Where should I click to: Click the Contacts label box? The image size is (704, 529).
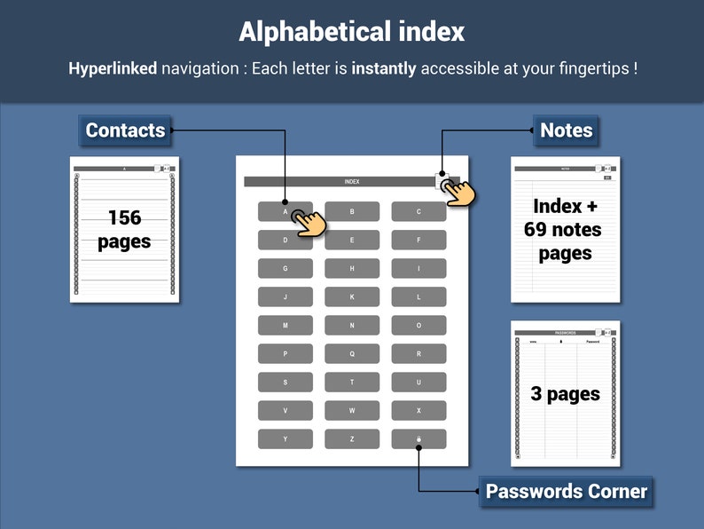[125, 130]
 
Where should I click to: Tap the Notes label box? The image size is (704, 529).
[566, 130]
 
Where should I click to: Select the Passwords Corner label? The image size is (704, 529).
[566, 492]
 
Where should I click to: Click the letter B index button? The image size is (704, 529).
[352, 211]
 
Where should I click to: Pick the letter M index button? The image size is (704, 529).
[285, 326]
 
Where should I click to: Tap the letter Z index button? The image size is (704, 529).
[352, 439]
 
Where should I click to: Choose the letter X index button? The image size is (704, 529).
[418, 411]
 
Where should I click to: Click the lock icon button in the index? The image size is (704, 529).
[418, 439]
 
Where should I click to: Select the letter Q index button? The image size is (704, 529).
[352, 354]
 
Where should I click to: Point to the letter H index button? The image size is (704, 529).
[352, 268]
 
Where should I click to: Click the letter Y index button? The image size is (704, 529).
[285, 439]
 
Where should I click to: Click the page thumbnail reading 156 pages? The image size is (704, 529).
[124, 229]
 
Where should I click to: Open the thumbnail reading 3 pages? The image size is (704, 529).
[565, 393]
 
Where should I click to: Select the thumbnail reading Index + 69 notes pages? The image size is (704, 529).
[565, 229]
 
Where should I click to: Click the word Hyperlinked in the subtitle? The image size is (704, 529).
[113, 68]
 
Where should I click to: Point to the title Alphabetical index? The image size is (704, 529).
[352, 32]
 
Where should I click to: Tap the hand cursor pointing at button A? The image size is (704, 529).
[308, 222]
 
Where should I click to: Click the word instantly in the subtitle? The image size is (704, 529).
[384, 68]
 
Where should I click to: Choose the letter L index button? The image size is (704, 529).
[418, 297]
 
